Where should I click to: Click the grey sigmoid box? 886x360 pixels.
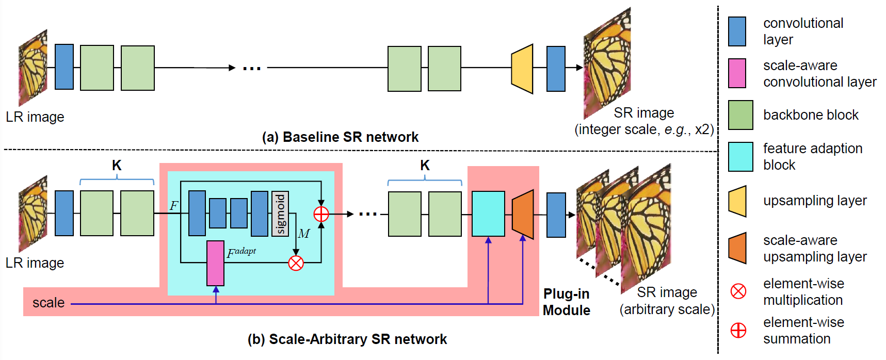click(x=280, y=214)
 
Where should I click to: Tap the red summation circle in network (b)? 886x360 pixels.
click(x=321, y=214)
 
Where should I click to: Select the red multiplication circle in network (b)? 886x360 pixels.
click(x=296, y=263)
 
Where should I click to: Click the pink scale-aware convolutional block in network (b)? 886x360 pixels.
click(x=216, y=263)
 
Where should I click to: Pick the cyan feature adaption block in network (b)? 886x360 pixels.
click(x=488, y=214)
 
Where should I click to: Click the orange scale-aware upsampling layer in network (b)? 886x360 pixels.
click(x=523, y=214)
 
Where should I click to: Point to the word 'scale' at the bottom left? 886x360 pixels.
click(x=49, y=303)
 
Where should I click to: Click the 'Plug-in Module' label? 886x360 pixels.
click(x=567, y=302)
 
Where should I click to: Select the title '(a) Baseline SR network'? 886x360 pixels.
click(x=340, y=137)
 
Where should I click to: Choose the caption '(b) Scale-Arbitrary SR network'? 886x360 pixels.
click(x=347, y=339)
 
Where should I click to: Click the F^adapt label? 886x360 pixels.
click(x=241, y=252)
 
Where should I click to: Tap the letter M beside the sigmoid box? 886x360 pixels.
click(x=304, y=234)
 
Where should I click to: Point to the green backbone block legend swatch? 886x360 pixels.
click(x=740, y=115)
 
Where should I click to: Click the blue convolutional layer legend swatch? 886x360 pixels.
click(x=737, y=31)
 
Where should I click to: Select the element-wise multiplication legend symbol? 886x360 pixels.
click(x=738, y=291)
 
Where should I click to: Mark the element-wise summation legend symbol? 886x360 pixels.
click(x=738, y=330)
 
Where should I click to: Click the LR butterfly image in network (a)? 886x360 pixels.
click(x=33, y=68)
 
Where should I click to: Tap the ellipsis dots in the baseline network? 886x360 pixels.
click(x=252, y=68)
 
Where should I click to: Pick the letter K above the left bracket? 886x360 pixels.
click(x=117, y=166)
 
